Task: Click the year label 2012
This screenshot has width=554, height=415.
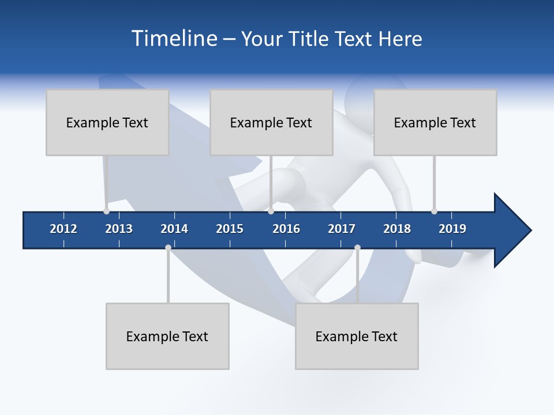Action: point(63,229)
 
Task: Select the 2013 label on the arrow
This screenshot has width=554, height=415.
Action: point(119,229)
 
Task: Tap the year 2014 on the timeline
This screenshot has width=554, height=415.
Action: point(174,229)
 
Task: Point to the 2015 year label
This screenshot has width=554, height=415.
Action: point(230,229)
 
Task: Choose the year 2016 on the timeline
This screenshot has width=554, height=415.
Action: point(286,229)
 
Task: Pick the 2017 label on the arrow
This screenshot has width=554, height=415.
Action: point(342,229)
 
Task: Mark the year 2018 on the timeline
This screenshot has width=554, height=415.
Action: point(397,229)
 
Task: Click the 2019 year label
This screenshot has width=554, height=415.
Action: point(452,229)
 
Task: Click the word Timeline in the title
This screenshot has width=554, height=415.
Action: point(173,39)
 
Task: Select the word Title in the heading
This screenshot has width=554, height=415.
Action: point(310,39)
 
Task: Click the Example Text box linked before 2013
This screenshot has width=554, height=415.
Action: point(107,122)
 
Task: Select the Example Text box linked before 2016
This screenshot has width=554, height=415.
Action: point(271,122)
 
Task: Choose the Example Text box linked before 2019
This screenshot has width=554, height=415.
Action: point(435,122)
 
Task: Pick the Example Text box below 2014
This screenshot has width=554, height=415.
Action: point(167,336)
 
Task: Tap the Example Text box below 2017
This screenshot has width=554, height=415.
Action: point(357,336)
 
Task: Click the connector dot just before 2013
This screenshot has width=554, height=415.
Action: point(106,211)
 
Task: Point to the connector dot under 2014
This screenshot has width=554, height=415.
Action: point(168,248)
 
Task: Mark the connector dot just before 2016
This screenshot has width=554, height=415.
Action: point(271,211)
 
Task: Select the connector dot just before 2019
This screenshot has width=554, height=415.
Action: point(434,211)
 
